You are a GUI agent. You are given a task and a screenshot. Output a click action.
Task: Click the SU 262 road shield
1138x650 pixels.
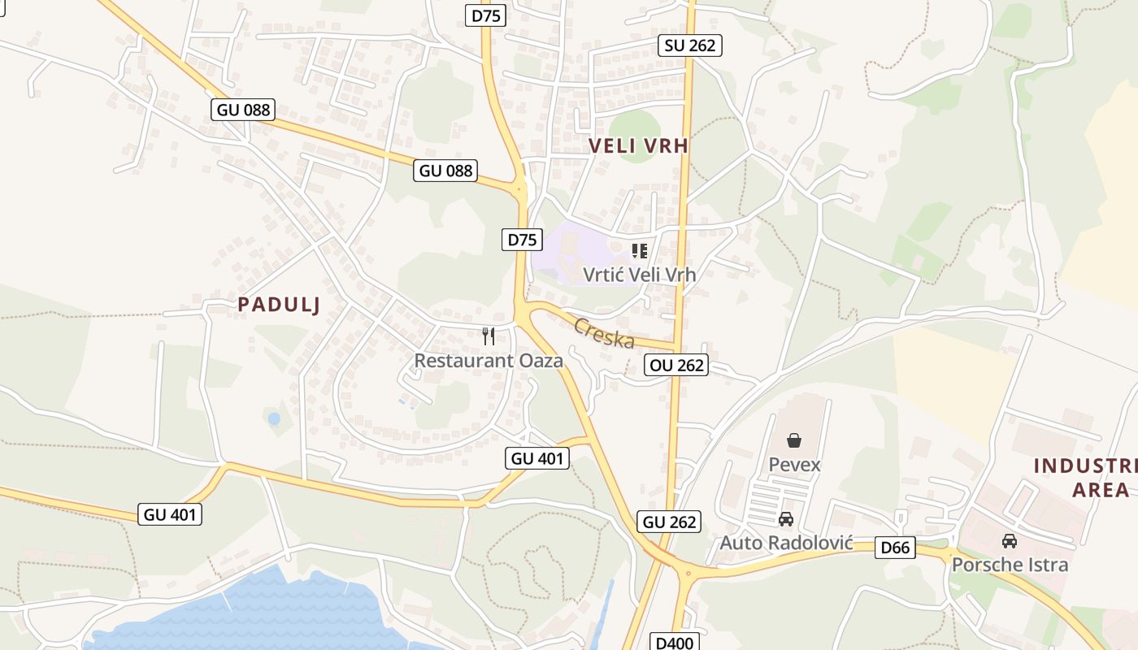point(690,45)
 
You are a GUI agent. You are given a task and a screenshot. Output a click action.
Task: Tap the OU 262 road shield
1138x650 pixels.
point(676,366)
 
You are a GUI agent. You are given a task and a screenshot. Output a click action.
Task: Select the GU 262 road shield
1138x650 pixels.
point(670,522)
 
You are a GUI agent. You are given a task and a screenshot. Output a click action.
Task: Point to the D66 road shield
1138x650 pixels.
point(896,548)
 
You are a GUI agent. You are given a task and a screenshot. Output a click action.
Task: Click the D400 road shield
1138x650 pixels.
point(674,643)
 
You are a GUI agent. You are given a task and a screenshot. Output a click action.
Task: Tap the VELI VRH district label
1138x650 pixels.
point(638,146)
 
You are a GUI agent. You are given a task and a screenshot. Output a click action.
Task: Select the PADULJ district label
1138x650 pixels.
point(279,305)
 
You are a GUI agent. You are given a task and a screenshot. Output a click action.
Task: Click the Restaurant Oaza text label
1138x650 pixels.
point(489,361)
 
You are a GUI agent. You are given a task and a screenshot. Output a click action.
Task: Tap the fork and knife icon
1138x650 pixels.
point(489,336)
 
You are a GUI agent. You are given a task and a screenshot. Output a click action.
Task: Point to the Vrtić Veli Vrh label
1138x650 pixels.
point(640,275)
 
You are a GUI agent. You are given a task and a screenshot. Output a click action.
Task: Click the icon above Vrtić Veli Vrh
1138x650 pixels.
point(640,251)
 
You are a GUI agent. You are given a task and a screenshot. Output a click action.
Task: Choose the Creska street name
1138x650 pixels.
point(604,332)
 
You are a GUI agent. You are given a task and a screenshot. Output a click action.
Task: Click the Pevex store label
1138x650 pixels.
point(794,465)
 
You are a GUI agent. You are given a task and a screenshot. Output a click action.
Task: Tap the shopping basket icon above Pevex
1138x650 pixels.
point(794,440)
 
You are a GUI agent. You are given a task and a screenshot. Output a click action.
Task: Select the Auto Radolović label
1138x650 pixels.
point(786,542)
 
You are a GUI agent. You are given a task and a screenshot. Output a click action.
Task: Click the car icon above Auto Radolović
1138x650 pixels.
point(786,519)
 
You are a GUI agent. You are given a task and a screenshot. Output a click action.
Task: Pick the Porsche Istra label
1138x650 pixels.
point(1010,564)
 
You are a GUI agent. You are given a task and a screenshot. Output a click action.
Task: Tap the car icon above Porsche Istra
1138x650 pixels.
point(1010,541)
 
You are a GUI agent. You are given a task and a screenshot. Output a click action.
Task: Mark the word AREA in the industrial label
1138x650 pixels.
point(1101,490)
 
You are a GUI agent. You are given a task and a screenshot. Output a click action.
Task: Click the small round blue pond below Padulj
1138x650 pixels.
point(274,419)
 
